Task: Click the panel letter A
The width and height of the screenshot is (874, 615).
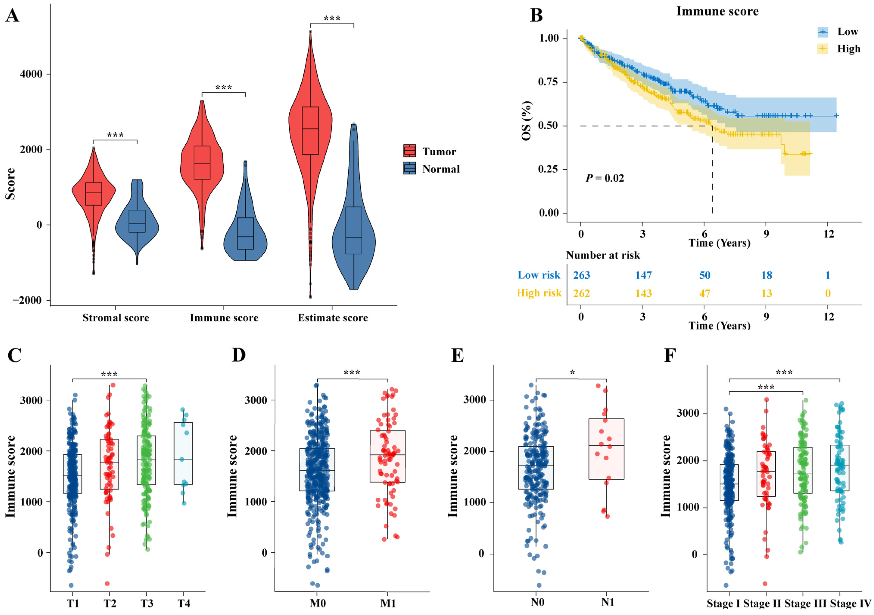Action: point(12,16)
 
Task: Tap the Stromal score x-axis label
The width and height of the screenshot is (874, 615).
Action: point(116,318)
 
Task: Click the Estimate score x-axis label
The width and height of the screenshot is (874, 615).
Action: point(333,318)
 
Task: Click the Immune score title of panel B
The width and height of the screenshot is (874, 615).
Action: point(717,11)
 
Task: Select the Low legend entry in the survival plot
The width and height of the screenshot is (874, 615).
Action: point(847,32)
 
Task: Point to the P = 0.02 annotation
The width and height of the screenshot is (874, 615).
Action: point(604,178)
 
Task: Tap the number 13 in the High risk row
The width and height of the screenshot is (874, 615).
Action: point(766,293)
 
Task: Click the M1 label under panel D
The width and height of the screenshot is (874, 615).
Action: point(388,603)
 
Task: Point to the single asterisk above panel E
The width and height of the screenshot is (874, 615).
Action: point(572,373)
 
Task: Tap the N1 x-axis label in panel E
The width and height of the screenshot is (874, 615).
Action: point(608,602)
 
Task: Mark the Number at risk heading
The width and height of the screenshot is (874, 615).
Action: point(603,255)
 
